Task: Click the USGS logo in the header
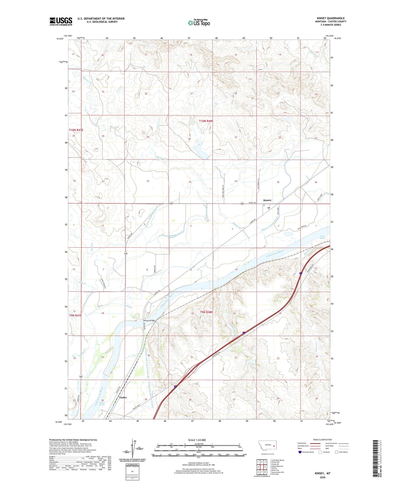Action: click(61, 21)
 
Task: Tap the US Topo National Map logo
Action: click(199, 23)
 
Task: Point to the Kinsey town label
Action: click(267, 200)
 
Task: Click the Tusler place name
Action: click(123, 397)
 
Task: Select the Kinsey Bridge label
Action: click(149, 320)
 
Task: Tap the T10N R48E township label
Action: click(206, 121)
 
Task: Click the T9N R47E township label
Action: click(76, 315)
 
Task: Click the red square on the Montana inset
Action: click(273, 446)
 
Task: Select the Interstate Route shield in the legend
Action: click(300, 452)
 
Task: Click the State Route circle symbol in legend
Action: click(337, 452)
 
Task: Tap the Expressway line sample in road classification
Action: click(315, 443)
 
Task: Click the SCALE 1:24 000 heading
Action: click(197, 440)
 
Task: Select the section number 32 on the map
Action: click(148, 181)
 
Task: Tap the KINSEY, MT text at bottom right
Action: click(322, 473)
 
